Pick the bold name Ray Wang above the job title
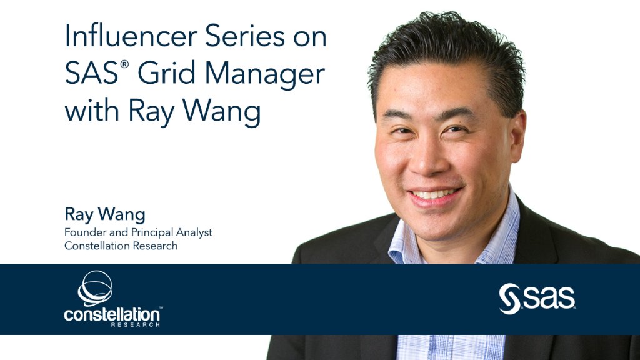pyautogui.click(x=104, y=215)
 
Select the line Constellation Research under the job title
pyautogui.click(x=121, y=246)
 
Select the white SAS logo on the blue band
pyautogui.click(x=537, y=299)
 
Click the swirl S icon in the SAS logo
pyautogui.click(x=509, y=299)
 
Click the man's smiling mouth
pyautogui.click(x=435, y=195)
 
